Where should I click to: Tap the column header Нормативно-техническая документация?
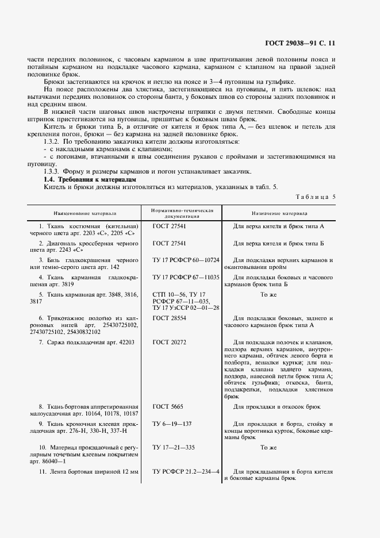183,213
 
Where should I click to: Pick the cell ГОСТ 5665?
167,406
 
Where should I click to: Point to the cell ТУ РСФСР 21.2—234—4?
186,471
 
